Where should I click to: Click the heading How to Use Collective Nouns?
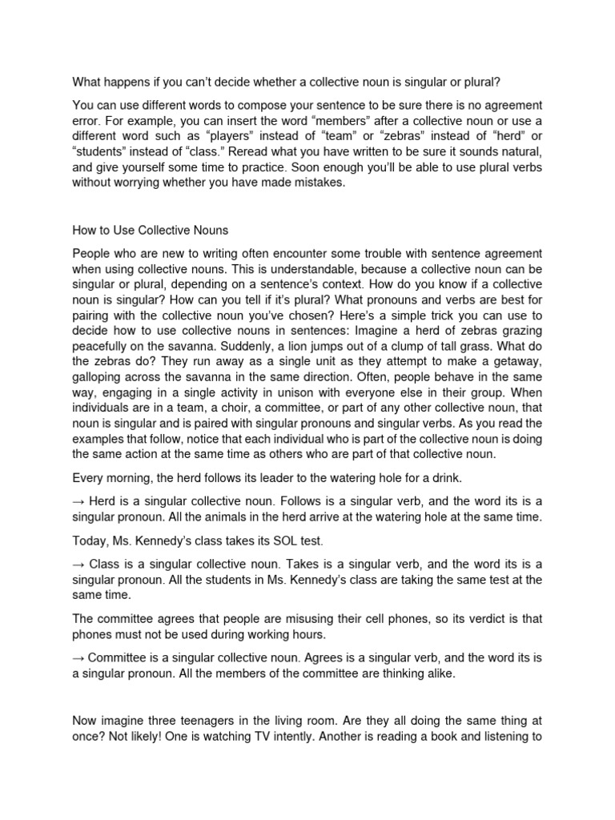click(x=150, y=231)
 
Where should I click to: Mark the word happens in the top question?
click(x=131, y=81)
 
